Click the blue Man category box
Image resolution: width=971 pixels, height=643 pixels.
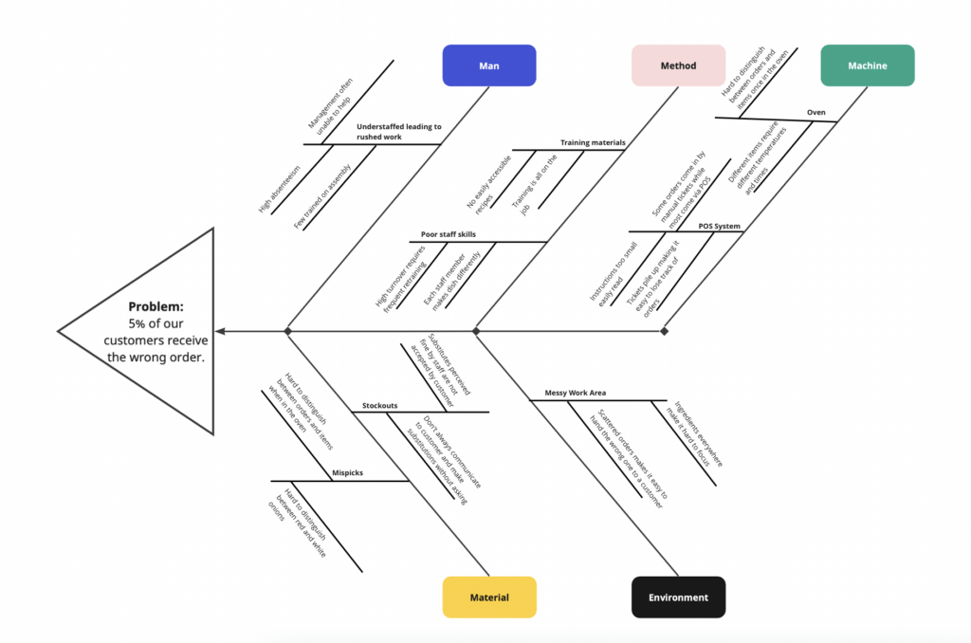point(488,65)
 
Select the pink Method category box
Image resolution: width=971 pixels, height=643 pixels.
point(678,65)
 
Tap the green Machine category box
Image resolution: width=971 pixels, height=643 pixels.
point(867,65)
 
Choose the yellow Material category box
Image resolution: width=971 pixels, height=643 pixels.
point(489,597)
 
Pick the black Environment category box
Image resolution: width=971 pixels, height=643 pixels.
point(678,597)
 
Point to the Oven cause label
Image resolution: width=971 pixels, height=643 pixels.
point(815,112)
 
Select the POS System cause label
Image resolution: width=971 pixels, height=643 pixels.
point(719,227)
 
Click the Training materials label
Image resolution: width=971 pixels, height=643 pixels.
point(592,143)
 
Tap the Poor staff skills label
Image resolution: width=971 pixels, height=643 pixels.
point(448,234)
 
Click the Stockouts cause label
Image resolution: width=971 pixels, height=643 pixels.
point(379,406)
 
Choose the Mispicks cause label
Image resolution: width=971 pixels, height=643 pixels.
point(347,472)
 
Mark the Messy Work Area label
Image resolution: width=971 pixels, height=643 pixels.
point(575,392)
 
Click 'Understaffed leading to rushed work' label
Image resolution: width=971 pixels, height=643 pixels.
point(393,131)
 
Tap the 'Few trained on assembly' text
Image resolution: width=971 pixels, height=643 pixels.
point(322,196)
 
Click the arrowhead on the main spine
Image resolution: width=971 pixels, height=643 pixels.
point(220,331)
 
